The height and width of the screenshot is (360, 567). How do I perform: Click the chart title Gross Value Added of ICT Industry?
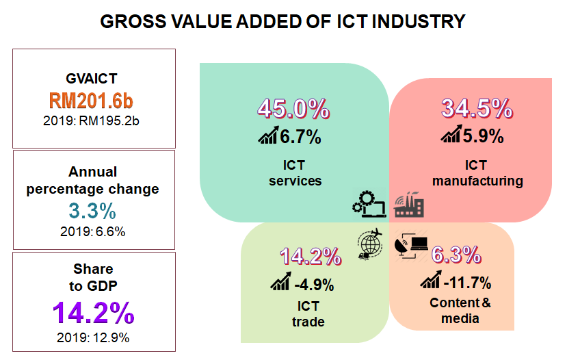(282, 21)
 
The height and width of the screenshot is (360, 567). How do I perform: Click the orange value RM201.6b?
(91, 101)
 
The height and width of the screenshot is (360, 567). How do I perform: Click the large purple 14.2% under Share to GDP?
(93, 313)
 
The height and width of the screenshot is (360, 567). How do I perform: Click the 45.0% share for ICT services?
(293, 109)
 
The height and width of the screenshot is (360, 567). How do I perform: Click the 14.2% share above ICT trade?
(311, 256)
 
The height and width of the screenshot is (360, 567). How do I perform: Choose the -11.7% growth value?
(467, 281)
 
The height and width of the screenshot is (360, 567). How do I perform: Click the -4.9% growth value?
(315, 283)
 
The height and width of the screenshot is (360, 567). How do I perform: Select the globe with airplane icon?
(370, 244)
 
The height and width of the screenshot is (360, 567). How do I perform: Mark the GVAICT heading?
(91, 79)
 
